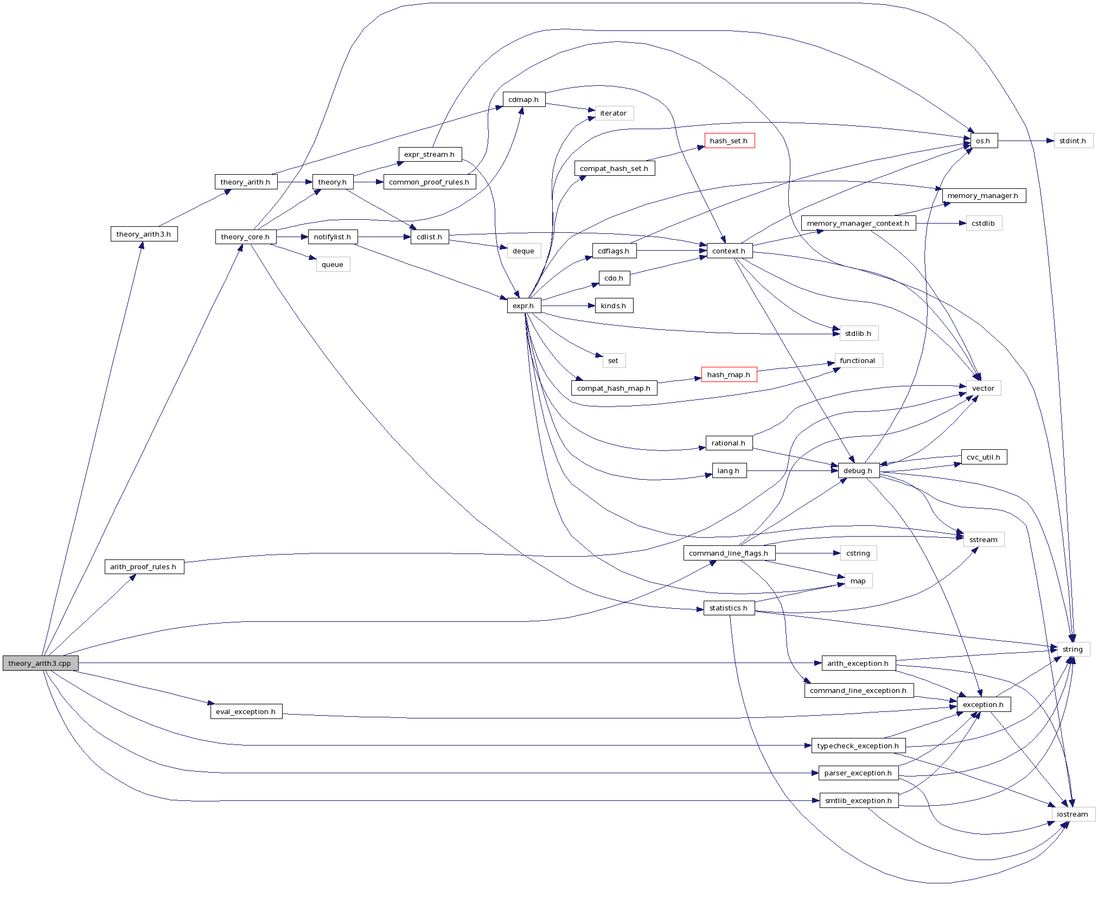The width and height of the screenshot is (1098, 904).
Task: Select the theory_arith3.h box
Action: tap(144, 234)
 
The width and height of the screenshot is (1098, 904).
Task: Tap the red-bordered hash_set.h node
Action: tap(729, 141)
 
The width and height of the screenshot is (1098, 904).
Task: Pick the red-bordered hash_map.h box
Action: tap(729, 374)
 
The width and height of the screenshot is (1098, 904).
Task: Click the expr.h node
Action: tap(524, 305)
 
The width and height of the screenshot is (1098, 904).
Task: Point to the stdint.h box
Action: tap(1073, 141)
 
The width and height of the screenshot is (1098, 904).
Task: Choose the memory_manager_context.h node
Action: tap(858, 223)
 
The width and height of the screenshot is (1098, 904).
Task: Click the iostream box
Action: tap(1073, 814)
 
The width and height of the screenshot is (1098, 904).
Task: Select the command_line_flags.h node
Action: tap(729, 553)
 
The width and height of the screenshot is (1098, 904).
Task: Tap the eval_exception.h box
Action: tap(246, 711)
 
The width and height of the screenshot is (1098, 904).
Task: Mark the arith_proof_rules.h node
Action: tap(144, 566)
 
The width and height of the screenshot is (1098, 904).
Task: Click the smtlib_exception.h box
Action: tap(858, 800)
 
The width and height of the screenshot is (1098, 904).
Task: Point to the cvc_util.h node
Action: tap(983, 457)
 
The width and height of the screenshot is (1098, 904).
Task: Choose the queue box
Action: tap(333, 264)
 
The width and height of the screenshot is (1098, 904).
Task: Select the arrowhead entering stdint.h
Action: tap(1050, 141)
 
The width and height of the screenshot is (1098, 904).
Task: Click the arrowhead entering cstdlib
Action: tap(962, 223)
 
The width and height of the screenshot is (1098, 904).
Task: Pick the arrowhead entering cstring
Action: tap(837, 553)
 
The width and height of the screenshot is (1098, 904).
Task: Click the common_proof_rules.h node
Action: tap(429, 182)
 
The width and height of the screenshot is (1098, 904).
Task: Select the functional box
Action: tap(857, 360)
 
